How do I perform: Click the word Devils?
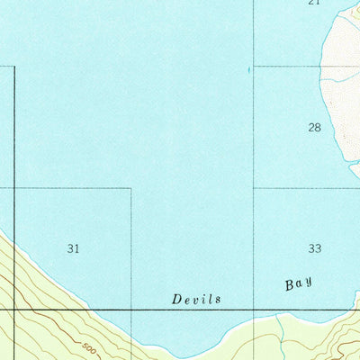(197, 299)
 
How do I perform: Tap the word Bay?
(299, 284)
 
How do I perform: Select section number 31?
(74, 247)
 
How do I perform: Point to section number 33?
(314, 247)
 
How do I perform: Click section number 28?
(314, 128)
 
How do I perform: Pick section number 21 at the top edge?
(313, 3)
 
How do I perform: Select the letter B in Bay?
(290, 285)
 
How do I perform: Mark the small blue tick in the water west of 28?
(248, 68)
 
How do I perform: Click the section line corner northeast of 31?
(131, 188)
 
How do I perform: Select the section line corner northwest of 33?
(254, 188)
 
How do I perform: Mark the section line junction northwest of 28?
(254, 66)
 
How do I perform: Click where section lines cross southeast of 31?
(131, 310)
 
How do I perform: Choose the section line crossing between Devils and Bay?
(254, 310)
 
